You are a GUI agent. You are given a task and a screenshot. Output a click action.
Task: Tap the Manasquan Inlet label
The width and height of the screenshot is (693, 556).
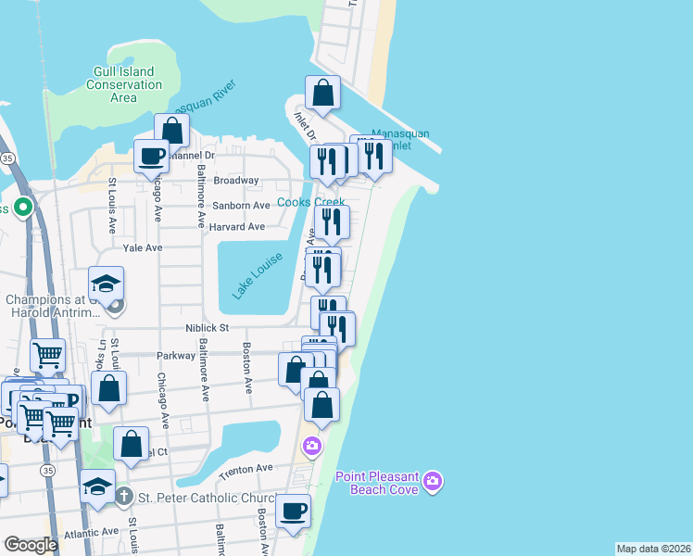(x=400, y=139)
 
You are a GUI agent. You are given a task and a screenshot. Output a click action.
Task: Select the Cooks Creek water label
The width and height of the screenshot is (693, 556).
(x=311, y=202)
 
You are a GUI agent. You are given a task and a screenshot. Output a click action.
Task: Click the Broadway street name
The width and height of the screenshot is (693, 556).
(x=236, y=181)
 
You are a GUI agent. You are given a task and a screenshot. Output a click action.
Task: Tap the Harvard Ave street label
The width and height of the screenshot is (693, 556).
(x=237, y=226)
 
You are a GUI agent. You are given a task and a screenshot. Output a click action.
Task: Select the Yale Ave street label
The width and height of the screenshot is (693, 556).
(x=143, y=248)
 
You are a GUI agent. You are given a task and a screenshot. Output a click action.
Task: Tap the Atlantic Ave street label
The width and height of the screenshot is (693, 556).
(x=91, y=532)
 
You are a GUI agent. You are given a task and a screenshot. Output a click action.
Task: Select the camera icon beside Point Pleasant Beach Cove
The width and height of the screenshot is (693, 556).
(x=432, y=480)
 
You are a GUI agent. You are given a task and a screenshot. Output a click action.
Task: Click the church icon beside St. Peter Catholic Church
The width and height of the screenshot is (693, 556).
(x=126, y=497)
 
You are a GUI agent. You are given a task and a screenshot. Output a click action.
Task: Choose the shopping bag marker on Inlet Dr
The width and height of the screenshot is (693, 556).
(x=322, y=93)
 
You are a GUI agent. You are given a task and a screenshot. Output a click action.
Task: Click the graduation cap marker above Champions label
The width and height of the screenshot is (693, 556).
(x=107, y=283)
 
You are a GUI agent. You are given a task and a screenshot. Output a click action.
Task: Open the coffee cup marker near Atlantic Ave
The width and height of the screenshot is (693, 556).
(x=293, y=511)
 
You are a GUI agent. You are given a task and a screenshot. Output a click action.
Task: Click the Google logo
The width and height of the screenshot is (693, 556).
(x=31, y=545)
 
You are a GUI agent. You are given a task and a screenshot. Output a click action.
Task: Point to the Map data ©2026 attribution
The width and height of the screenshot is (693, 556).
(x=654, y=549)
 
